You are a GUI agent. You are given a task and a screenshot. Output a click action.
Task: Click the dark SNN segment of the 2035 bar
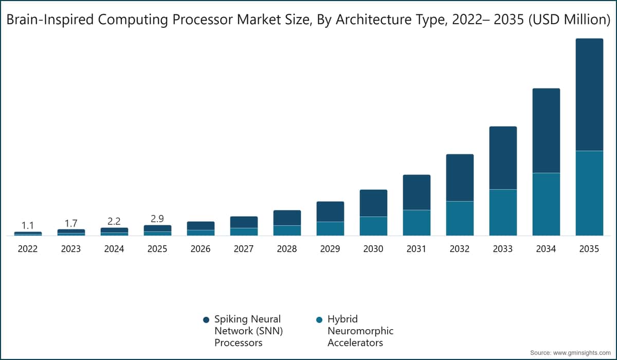tap(589, 94)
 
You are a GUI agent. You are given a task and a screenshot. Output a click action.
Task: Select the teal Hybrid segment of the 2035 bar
tap(589, 193)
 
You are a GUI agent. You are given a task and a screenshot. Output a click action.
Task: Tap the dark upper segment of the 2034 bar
tap(546, 130)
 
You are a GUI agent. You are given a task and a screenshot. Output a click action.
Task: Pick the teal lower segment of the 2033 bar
tap(503, 212)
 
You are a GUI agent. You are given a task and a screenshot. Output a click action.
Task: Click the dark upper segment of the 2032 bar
tap(460, 177)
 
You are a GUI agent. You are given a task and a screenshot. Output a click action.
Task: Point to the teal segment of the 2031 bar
tap(416, 223)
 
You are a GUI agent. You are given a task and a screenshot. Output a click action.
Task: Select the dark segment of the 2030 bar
tap(373, 203)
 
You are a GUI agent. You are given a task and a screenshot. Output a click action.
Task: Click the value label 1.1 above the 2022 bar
tap(28, 225)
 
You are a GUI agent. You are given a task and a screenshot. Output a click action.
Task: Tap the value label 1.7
tap(71, 223)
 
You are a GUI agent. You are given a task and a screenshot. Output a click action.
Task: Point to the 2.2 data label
tap(114, 221)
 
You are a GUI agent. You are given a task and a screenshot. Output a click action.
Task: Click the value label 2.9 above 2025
tap(157, 219)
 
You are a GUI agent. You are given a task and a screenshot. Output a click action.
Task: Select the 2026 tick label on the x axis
tap(201, 249)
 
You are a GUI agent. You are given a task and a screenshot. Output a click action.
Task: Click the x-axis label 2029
tap(330, 249)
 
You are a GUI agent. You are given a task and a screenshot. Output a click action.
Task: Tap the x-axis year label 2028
tap(287, 249)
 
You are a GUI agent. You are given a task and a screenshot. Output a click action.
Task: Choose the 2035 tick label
tap(589, 249)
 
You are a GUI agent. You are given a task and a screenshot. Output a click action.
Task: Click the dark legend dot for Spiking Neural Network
tap(206, 319)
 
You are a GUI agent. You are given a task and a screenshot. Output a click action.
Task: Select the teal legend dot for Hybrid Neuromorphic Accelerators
tap(319, 319)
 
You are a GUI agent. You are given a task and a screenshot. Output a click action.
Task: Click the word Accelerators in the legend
tap(355, 343)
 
